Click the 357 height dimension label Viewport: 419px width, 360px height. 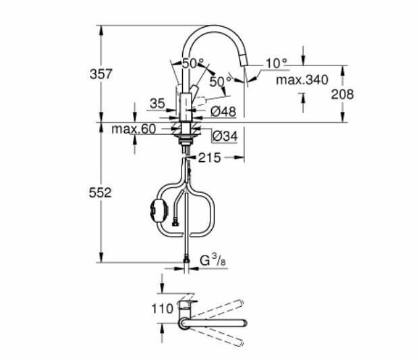click(101, 74)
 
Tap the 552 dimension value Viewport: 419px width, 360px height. click(101, 193)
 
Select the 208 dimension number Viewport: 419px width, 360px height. click(342, 94)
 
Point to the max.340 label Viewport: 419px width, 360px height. click(302, 80)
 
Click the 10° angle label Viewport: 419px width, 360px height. click(277, 63)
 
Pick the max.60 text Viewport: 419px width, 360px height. click(134, 129)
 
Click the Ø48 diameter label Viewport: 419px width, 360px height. click(223, 111)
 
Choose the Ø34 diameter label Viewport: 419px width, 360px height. click(225, 136)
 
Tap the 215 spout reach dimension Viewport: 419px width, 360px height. click(209, 158)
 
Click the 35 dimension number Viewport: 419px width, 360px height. click(157, 104)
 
